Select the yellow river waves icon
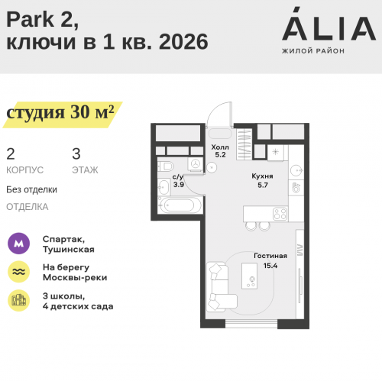[x=18, y=272]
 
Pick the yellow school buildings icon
[x=18, y=300]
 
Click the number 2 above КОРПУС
[x=10, y=153]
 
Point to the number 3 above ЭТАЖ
[x=76, y=153]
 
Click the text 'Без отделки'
[x=31, y=189]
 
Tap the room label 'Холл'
[x=220, y=147]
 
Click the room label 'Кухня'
[x=262, y=176]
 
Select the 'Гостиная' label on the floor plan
[x=270, y=256]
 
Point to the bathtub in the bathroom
[x=180, y=205]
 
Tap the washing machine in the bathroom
[x=195, y=165]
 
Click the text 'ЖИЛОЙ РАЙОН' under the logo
[x=313, y=50]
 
